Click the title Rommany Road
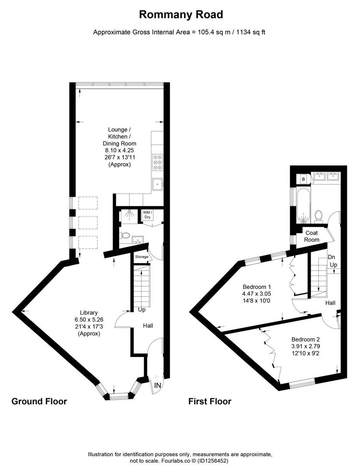(180, 14)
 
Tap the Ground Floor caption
(39, 401)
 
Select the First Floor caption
(209, 401)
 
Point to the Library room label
(89, 312)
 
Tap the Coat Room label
(312, 236)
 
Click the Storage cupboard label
(142, 257)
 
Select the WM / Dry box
(147, 215)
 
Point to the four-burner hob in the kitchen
(157, 162)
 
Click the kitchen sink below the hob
(156, 184)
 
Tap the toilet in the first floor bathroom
(318, 215)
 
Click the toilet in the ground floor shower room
(126, 235)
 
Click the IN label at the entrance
(157, 385)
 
